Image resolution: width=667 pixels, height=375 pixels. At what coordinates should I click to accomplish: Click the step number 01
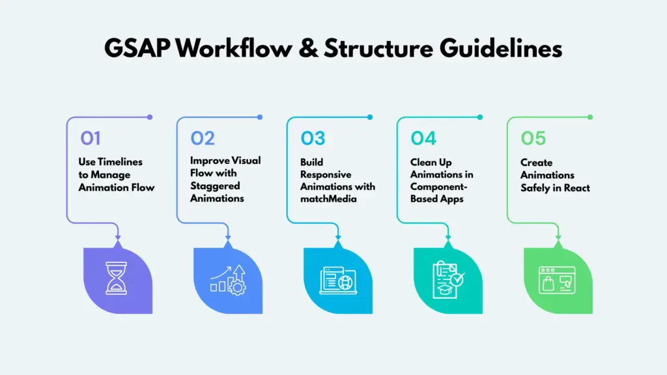(91, 138)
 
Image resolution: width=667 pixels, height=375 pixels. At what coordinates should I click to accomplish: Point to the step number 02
(203, 138)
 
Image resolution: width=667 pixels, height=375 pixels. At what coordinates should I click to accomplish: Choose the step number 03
(313, 138)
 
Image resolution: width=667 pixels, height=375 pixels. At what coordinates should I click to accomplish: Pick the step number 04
(423, 138)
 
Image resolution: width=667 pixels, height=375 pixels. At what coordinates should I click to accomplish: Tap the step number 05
(533, 138)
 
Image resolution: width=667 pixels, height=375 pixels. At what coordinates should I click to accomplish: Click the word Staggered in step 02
(215, 186)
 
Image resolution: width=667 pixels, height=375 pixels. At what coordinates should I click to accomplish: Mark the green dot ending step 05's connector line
(590, 117)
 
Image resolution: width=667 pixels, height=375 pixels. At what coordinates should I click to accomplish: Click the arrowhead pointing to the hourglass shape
(118, 242)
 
